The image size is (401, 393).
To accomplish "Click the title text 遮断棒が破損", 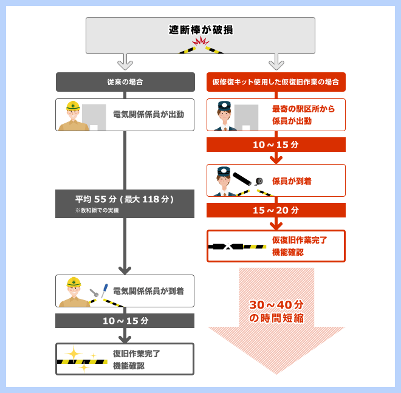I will (x=200, y=29).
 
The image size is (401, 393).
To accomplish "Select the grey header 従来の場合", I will (x=125, y=82).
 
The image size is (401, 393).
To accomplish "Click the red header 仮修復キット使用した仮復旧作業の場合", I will (x=276, y=82).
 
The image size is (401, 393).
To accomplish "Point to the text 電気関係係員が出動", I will (x=148, y=114).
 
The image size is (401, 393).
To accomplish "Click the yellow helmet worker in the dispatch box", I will (x=73, y=115).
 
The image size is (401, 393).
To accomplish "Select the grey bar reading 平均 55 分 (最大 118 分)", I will (x=125, y=199).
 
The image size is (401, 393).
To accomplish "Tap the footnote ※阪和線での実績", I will (x=97, y=210).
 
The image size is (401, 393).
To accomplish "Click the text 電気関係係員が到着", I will (x=148, y=291).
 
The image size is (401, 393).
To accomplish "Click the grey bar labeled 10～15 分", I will (x=125, y=321).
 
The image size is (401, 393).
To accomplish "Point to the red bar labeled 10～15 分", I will (x=276, y=145).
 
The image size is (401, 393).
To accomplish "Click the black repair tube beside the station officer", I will (x=245, y=179).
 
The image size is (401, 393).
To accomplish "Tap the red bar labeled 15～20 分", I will (x=276, y=210).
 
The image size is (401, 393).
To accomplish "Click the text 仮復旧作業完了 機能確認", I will (x=300, y=245).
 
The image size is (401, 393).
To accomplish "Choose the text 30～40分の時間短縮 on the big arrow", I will (x=276, y=311).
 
